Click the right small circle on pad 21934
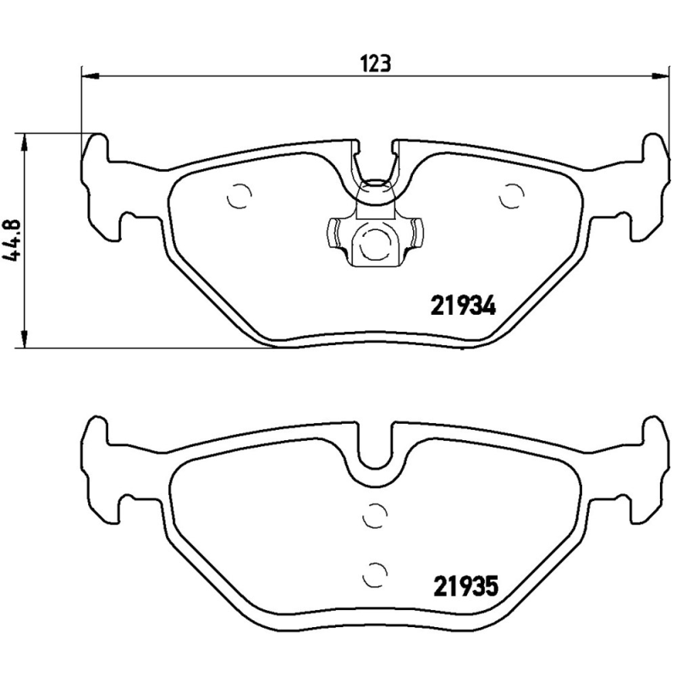click(510, 196)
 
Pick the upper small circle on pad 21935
click(374, 514)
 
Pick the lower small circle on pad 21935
click(374, 572)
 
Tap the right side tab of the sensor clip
click(414, 234)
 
